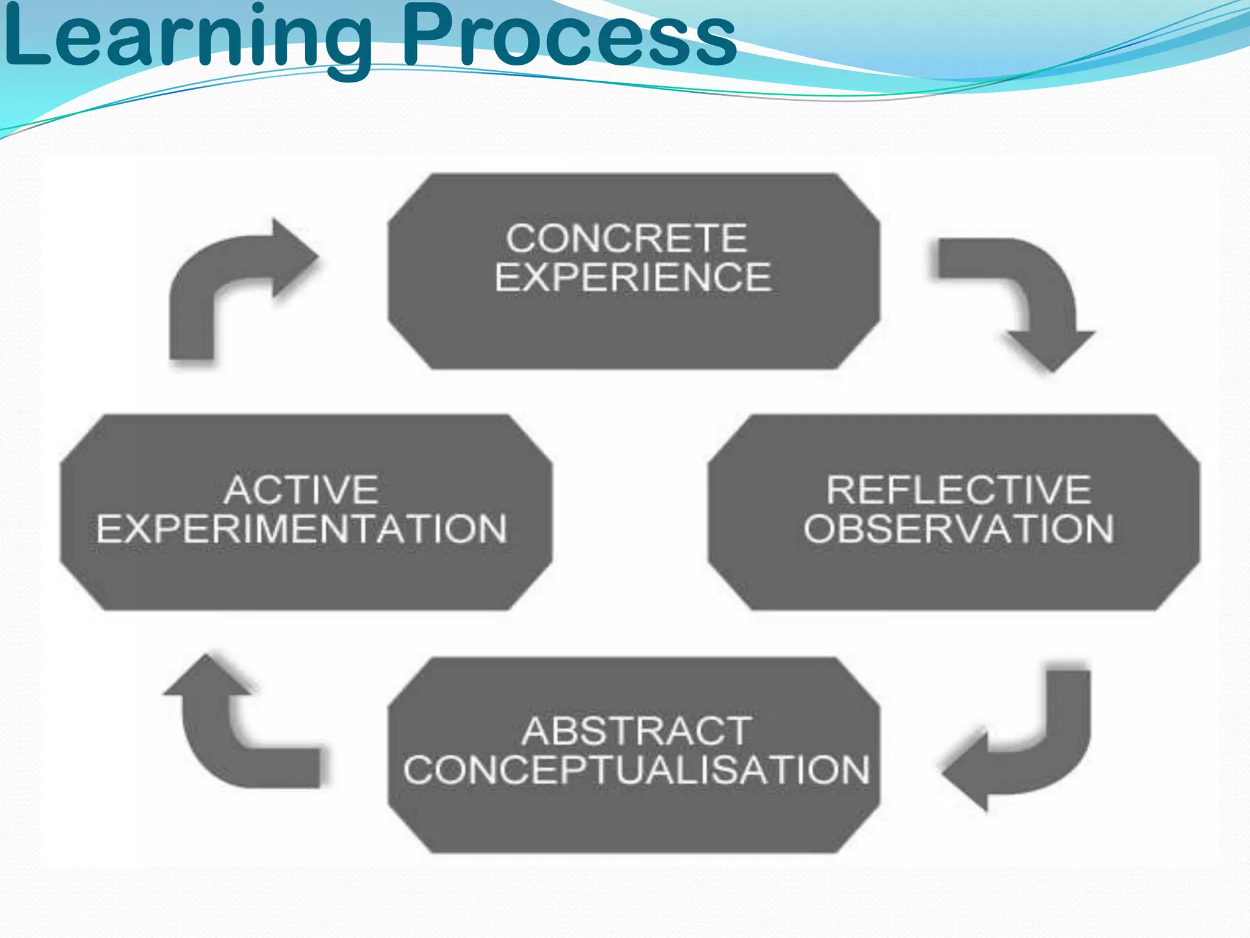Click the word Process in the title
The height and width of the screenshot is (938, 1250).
click(568, 37)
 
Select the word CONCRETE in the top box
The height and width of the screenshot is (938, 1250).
click(626, 238)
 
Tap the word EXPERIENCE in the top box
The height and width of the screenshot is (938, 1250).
click(633, 277)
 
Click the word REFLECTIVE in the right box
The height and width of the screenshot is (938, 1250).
click(958, 490)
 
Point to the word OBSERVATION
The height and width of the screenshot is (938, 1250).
click(958, 529)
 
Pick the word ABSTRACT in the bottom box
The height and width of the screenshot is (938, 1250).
click(636, 731)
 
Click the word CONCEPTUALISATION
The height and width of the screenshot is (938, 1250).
click(636, 770)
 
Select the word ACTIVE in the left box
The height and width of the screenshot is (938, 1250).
click(301, 490)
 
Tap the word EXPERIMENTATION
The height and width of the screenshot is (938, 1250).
click(302, 529)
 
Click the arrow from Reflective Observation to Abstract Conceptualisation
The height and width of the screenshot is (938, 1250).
click(1038, 751)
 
